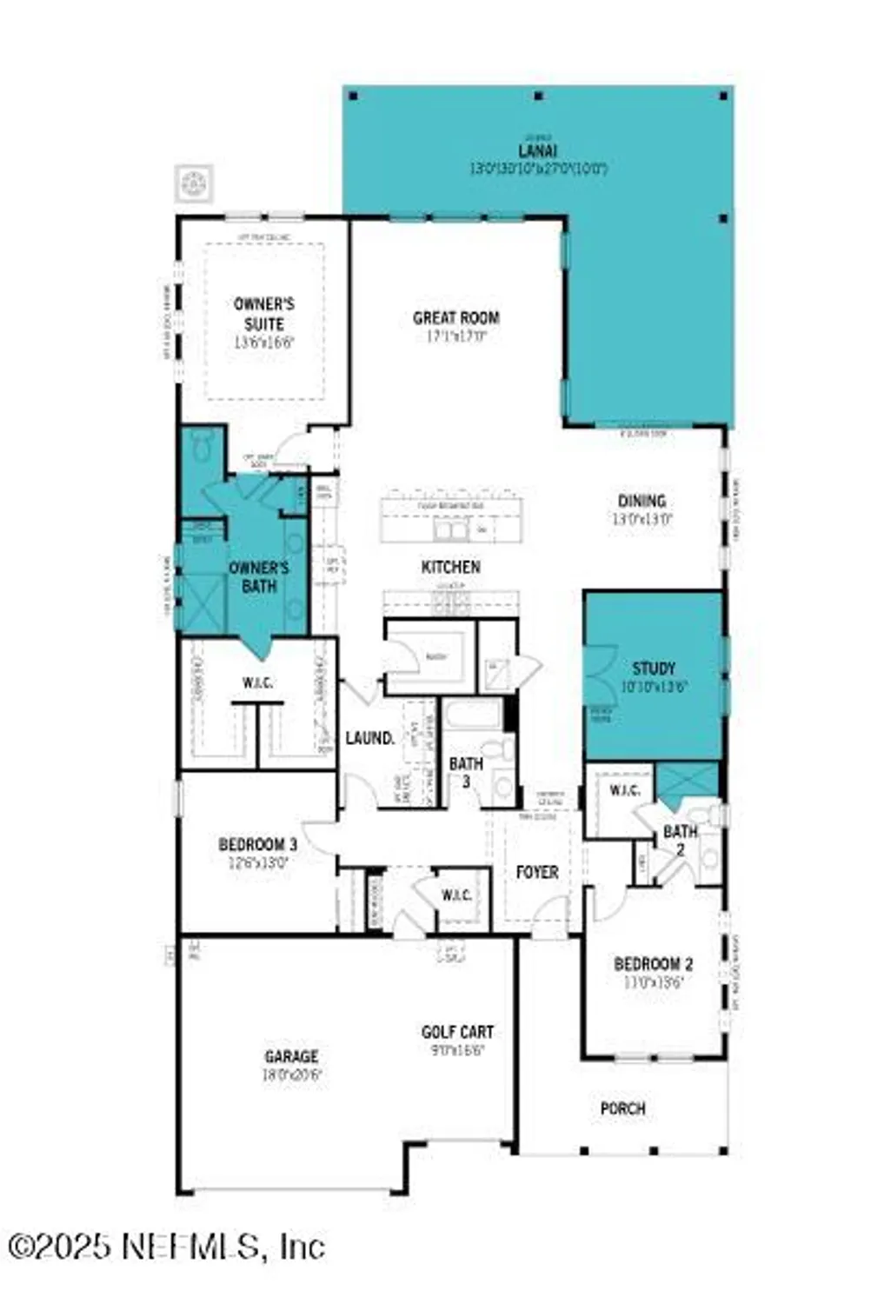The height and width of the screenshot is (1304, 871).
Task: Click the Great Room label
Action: pyautogui.click(x=455, y=318)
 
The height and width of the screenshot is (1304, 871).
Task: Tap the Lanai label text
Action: pyautogui.click(x=538, y=150)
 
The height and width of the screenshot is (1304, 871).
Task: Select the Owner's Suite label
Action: pyautogui.click(x=264, y=314)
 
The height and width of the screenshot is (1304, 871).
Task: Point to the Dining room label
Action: pyautogui.click(x=642, y=501)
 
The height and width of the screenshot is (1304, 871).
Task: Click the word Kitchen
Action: pyautogui.click(x=450, y=567)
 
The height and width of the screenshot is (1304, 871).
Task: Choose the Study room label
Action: pyautogui.click(x=654, y=668)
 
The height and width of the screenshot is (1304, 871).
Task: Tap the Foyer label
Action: pyautogui.click(x=536, y=871)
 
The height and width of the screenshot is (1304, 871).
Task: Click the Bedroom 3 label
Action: pyautogui.click(x=257, y=844)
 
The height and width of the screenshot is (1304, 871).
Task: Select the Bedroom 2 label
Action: pyautogui.click(x=653, y=964)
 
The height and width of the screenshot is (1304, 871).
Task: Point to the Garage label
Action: pyautogui.click(x=291, y=1056)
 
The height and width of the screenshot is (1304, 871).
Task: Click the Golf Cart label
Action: pyautogui.click(x=457, y=1032)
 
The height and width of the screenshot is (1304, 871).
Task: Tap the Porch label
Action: pyautogui.click(x=622, y=1108)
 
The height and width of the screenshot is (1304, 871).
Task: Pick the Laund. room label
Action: pyautogui.click(x=370, y=738)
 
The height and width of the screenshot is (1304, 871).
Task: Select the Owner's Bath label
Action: pyautogui.click(x=258, y=577)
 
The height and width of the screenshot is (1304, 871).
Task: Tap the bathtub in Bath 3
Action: pyautogui.click(x=472, y=715)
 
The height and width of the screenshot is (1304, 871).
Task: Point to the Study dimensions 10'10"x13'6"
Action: pyautogui.click(x=654, y=686)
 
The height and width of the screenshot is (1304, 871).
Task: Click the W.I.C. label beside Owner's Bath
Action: pyautogui.click(x=257, y=682)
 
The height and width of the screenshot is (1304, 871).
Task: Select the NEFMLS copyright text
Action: pyautogui.click(x=165, y=1247)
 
